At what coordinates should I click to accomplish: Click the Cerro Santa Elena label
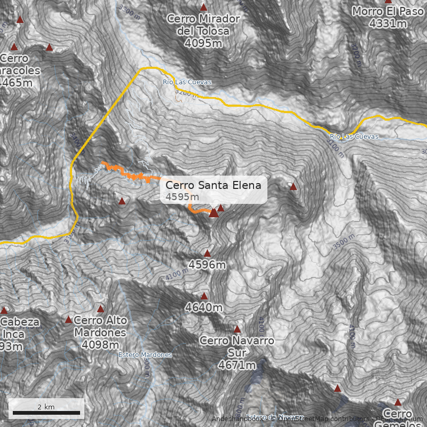pos(213,185)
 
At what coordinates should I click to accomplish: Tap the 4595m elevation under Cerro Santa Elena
pos(182,197)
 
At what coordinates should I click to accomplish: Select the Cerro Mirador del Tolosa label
pos(203,25)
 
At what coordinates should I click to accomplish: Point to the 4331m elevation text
pos(388,23)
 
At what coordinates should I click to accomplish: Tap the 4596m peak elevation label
pos(207,264)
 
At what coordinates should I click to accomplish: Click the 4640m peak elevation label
pos(204,307)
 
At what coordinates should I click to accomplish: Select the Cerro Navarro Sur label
pos(236,346)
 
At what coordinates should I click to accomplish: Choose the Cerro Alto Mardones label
pos(101,326)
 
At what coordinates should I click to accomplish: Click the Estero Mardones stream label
pos(145,355)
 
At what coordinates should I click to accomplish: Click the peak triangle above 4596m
pos(207,254)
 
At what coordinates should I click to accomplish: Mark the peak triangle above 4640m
pos(204,296)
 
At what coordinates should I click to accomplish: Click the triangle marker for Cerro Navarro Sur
pos(237,329)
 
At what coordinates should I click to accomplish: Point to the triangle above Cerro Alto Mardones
pos(100,309)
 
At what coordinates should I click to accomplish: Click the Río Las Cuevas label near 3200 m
pos(187,82)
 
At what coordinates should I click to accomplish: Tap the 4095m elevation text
pos(203,44)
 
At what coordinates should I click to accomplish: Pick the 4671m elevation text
pos(237,365)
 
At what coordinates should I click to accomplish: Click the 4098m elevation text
pos(100,345)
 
